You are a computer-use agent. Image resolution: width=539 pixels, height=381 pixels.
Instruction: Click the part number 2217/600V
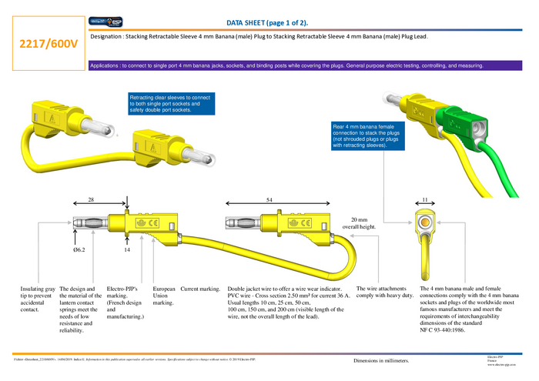point(48,44)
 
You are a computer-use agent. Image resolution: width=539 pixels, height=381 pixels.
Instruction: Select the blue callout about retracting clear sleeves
point(169,104)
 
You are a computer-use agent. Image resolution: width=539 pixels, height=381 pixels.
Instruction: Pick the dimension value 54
point(269,199)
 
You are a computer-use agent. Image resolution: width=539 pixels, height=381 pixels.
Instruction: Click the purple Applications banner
point(286,66)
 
